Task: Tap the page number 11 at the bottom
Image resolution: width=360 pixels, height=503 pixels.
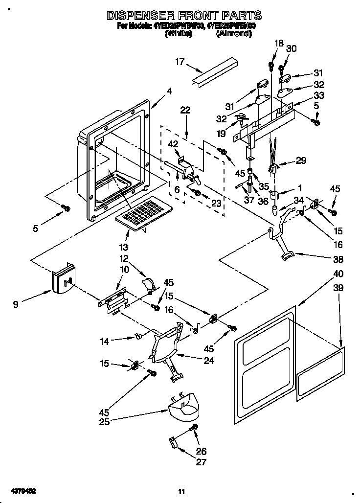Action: click(x=181, y=491)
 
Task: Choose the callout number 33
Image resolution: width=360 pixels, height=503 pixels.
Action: click(x=319, y=95)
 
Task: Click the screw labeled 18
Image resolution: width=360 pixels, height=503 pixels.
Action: click(x=270, y=65)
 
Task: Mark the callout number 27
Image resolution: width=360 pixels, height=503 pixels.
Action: click(x=201, y=462)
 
